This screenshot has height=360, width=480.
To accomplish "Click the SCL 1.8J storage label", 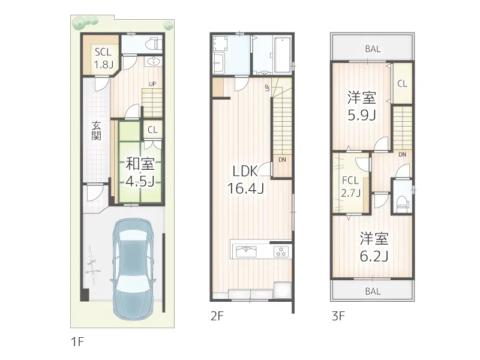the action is (103, 58).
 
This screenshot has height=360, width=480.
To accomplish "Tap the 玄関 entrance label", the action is (97, 131).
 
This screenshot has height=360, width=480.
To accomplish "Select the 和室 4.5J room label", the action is (140, 173).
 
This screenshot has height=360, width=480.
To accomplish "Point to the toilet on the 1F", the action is (154, 44).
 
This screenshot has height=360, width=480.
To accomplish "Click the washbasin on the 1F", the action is (154, 62).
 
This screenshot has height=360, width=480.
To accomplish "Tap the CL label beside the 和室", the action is (152, 130).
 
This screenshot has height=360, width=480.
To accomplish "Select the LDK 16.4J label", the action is (245, 180).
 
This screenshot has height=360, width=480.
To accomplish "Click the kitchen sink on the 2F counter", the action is (247, 252).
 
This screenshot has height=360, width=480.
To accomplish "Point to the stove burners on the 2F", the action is (281, 251).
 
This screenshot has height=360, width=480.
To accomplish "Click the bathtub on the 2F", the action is (283, 55).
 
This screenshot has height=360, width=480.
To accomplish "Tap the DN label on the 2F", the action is (282, 160).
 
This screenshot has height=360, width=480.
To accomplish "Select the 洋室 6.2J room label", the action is (374, 247).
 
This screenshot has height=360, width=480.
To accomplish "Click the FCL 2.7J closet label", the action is (351, 187).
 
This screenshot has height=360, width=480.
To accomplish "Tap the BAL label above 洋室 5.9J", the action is (373, 49).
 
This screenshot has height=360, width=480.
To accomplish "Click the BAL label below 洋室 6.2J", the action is (373, 291).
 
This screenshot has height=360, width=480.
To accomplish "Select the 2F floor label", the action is (217, 316).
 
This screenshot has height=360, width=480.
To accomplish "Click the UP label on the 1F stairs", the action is (152, 84).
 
